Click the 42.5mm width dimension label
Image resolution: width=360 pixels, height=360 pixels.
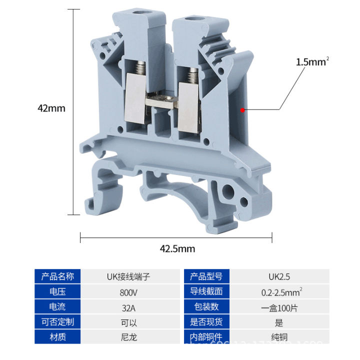[177, 248]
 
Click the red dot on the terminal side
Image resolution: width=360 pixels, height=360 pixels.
[242, 110]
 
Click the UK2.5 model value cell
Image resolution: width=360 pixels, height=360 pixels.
[279, 276]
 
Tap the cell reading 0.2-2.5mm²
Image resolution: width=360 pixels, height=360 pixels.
[279, 291]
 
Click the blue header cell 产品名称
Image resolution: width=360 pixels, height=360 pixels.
[57, 276]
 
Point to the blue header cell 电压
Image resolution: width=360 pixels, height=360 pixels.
[57, 291]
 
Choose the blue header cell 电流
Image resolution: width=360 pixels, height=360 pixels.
[57, 307]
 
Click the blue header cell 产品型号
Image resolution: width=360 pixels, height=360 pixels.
[206, 276]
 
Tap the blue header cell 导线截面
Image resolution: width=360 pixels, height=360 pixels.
[206, 291]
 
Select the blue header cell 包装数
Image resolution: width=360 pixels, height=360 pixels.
[206, 307]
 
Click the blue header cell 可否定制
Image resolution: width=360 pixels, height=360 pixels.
[57, 322]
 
